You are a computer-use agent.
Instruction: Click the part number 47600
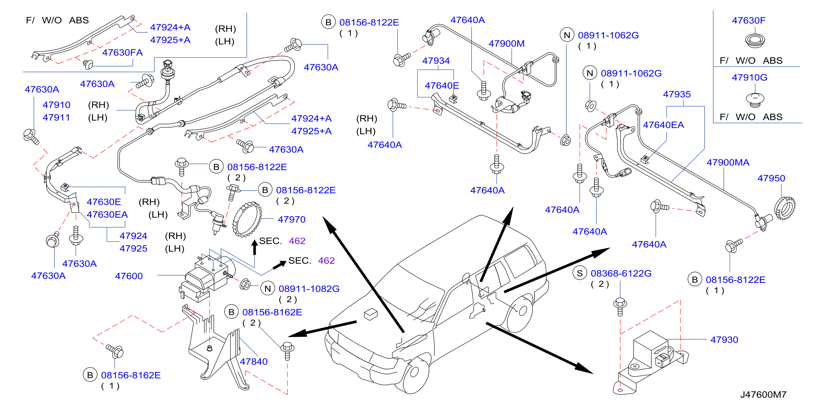(129, 276)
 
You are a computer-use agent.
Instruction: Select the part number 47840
(254, 361)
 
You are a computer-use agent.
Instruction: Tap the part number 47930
(724, 340)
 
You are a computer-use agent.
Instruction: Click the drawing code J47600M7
(763, 395)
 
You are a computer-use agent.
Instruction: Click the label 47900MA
(728, 162)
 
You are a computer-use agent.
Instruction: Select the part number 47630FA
(122, 53)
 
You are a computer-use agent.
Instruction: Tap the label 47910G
(750, 77)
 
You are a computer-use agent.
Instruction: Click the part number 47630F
(749, 20)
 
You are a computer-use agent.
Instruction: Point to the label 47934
(436, 61)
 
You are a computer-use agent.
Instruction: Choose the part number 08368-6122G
(621, 273)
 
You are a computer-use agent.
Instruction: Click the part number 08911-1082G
(309, 289)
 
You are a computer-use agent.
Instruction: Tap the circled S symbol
(580, 273)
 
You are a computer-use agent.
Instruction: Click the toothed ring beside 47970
(247, 219)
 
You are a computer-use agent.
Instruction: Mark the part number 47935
(677, 94)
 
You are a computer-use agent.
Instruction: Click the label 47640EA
(663, 125)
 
